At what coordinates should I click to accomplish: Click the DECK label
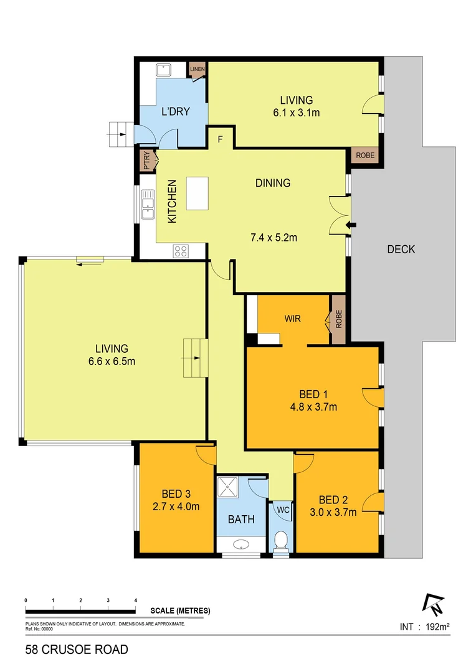(401, 250)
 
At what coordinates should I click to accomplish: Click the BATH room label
(241, 519)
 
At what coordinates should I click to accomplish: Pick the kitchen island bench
(197, 194)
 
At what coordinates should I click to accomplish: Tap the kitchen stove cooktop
(181, 251)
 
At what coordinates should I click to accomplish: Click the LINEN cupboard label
(198, 68)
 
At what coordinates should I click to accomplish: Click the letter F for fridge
(220, 139)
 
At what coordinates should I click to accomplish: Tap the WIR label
(293, 319)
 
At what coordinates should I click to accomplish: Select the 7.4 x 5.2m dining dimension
(274, 237)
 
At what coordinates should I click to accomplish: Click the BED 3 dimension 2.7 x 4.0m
(176, 506)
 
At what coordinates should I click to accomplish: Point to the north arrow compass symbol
(432, 603)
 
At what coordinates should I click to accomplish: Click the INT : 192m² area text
(424, 627)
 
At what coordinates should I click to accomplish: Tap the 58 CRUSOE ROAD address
(77, 650)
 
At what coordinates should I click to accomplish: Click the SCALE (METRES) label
(180, 610)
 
